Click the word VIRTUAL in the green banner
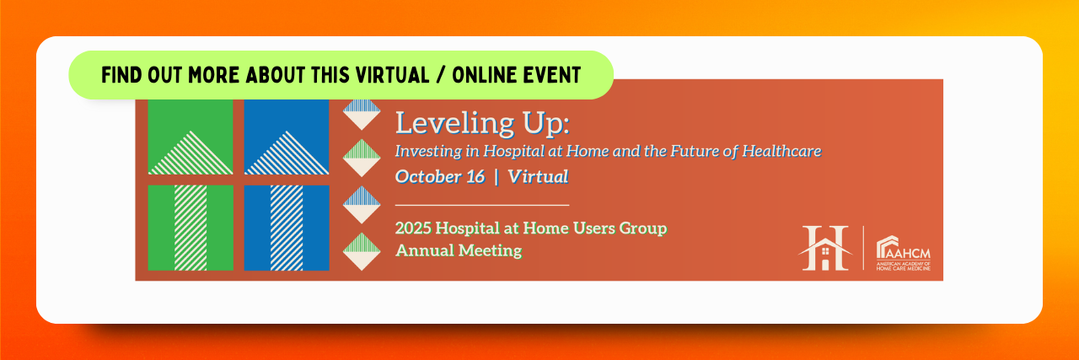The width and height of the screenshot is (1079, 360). pos(392,75)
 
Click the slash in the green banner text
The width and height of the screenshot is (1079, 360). pos(440,75)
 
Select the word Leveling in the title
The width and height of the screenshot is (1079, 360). pos(454,122)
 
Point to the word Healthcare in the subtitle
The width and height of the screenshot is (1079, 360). pos(781,151)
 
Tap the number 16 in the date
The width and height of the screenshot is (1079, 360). pos(475,176)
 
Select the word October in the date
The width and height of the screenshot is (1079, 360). pos(428,176)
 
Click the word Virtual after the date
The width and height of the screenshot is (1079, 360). pos(538,176)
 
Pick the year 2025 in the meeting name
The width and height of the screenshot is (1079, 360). pos(413,228)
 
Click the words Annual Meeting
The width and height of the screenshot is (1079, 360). pos(459,250)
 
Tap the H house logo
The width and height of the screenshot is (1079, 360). pos(825,248)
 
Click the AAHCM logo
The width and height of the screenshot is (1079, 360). pos(903,253)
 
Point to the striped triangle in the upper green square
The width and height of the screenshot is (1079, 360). pos(191,153)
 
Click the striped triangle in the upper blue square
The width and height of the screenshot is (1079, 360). pos(287,153)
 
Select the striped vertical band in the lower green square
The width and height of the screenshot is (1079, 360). pos(191,228)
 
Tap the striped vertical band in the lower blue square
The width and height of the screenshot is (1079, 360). pos(287,228)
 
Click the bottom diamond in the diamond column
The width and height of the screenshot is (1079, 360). pos(362,251)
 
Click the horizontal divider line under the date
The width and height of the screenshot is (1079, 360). pos(482,206)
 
